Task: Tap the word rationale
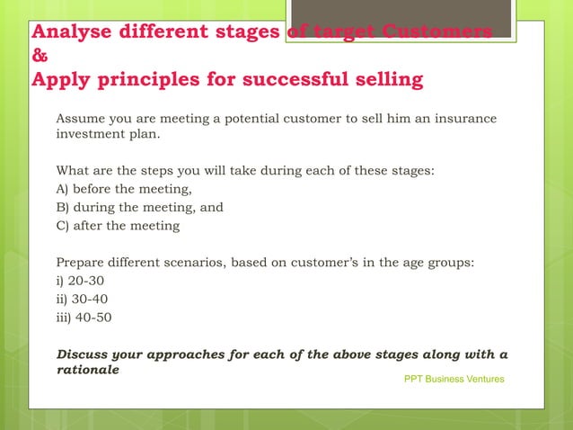click(x=88, y=370)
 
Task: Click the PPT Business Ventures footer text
click(x=454, y=379)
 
